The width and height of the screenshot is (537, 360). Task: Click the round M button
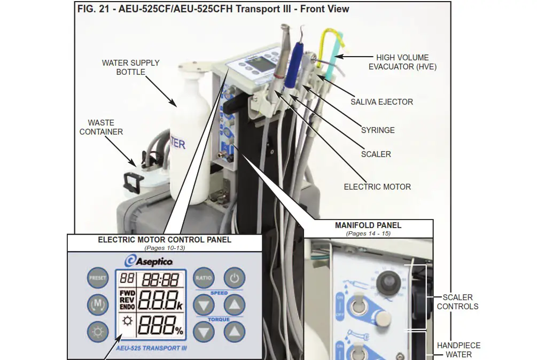click(x=97, y=305)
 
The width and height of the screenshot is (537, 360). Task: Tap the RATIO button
click(x=204, y=277)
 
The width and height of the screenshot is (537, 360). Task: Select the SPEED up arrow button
click(x=234, y=306)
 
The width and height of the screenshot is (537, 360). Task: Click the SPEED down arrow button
click(x=204, y=306)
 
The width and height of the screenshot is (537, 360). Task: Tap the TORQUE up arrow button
click(x=234, y=332)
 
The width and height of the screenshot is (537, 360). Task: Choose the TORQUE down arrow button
click(x=204, y=332)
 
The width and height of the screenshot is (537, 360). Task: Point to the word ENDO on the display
click(x=127, y=307)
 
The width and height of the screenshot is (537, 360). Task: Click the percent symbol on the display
click(x=179, y=331)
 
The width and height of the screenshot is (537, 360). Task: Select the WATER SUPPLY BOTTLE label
click(x=130, y=67)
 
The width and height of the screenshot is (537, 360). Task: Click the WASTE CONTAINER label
click(x=101, y=127)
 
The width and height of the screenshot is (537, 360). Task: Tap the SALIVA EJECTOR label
click(x=382, y=101)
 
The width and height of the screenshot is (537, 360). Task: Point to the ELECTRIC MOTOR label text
click(x=377, y=186)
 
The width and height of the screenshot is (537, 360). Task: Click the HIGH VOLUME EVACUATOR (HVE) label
click(x=402, y=62)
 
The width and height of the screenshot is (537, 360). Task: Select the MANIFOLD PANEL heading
click(x=368, y=225)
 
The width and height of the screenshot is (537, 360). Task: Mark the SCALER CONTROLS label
click(x=457, y=302)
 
